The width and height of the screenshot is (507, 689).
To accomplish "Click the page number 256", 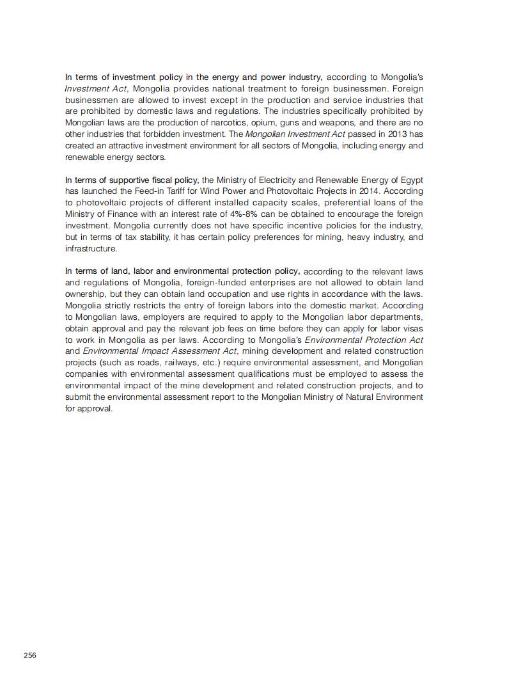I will click(x=30, y=655).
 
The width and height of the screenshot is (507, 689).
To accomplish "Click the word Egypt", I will click(x=410, y=180).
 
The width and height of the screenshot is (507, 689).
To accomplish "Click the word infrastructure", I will click(x=91, y=249).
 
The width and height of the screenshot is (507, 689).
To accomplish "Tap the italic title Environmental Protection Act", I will click(x=364, y=340).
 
